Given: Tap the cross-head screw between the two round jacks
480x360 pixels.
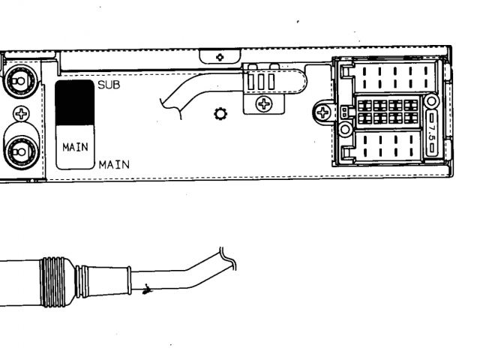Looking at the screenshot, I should coord(21,114).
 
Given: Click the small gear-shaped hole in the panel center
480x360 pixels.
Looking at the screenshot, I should coord(220,114).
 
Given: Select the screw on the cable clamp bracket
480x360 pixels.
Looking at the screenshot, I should coord(265,104).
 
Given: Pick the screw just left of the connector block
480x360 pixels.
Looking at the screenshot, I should coord(323,114).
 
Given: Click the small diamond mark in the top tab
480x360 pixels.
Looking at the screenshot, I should coord(220,56).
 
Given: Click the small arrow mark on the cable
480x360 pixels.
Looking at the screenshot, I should coord(148,287).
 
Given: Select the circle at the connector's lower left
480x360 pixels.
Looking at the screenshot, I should coord(346,130).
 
